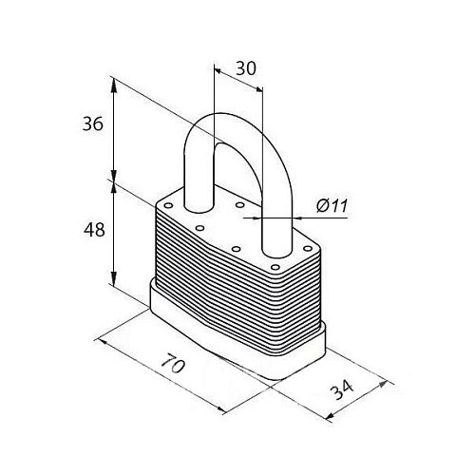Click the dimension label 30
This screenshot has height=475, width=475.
point(246,68)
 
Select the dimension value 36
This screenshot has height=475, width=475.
point(93,123)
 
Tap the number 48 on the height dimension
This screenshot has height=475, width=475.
point(94,230)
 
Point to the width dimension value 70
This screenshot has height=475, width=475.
point(173,364)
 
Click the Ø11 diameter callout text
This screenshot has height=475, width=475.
point(332,206)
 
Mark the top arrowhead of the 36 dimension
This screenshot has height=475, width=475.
point(114,85)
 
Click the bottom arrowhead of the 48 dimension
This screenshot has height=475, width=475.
point(114,277)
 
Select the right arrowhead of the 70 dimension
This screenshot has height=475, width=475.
point(220,409)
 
